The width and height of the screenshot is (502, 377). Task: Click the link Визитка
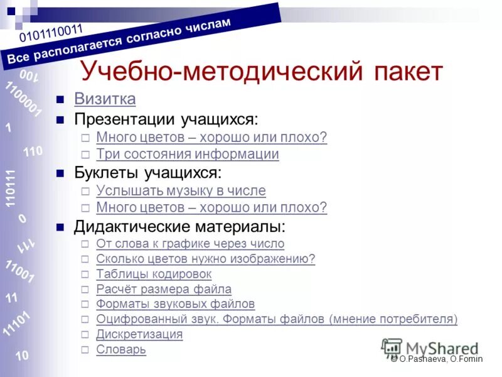pos(105,99)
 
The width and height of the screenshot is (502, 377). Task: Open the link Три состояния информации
pos(188,154)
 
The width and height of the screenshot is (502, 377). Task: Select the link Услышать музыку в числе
pos(181,190)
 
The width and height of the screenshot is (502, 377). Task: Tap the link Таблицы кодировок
pos(154,274)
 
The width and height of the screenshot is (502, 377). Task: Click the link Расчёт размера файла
pos(164,289)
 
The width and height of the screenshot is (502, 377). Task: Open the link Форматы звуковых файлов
pos(176,304)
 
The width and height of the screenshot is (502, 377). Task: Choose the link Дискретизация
pos(139,334)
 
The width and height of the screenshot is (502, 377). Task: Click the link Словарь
pos(121,349)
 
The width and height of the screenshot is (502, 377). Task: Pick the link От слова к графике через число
pos(190,244)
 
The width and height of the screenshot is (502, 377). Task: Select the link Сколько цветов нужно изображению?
pos(205,259)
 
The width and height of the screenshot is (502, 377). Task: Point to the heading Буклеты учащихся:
pos(148,172)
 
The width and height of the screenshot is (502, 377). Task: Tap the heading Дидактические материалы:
pos(179,226)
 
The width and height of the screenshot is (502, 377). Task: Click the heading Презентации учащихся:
pos(166,118)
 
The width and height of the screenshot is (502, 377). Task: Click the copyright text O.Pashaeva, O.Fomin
pos(440,359)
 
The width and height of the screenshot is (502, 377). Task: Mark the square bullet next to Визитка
pos(61,100)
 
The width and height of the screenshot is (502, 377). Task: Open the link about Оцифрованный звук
pos(277,319)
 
